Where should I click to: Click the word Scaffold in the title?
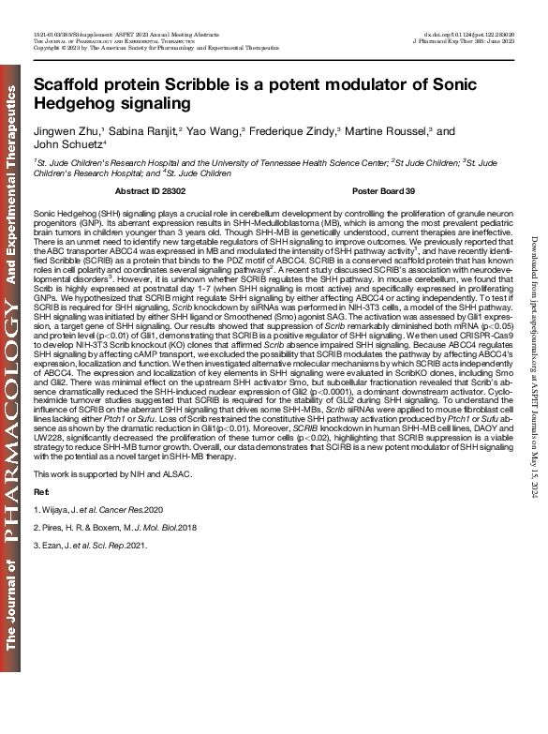(x=67, y=82)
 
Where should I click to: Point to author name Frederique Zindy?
(x=291, y=131)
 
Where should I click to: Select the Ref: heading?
(x=41, y=517)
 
